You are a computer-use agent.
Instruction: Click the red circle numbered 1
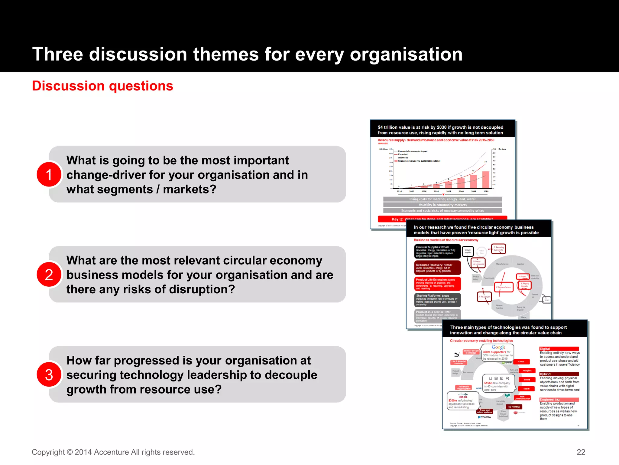pos(49,175)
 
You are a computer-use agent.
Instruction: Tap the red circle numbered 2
pos(49,275)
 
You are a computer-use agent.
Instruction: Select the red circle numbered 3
pos(49,375)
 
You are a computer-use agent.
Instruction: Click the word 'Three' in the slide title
pos(57,54)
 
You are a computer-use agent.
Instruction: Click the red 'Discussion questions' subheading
pos(102,86)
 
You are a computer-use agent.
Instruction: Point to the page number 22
pos(581,452)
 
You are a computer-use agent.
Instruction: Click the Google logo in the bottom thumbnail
pos(498,347)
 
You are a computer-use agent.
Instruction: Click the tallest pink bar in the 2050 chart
pos(486,180)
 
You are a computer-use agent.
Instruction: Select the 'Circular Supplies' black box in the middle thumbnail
pos(437,251)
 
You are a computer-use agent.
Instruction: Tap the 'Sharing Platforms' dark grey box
pos(437,300)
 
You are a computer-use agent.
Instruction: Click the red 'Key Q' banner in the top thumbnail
pos(442,219)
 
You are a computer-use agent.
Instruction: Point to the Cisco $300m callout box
pos(462,401)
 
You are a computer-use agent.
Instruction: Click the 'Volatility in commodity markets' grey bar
pos(442,205)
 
